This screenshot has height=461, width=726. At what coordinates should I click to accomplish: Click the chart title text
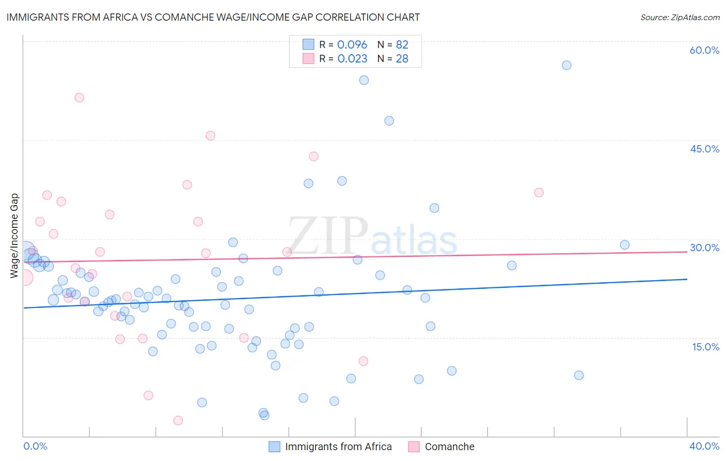point(213,17)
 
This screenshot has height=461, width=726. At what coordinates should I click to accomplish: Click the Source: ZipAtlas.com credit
point(680,17)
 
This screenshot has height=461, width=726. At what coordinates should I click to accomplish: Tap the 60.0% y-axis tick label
point(704,50)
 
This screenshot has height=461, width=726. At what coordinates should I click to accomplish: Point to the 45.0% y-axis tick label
point(704,149)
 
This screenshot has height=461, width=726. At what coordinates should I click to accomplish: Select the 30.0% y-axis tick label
point(704,248)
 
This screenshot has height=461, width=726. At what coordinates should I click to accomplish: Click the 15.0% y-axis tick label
point(705,346)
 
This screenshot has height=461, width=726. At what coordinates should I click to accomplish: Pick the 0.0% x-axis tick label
point(35,446)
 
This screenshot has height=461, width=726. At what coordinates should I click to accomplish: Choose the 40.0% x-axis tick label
point(704,446)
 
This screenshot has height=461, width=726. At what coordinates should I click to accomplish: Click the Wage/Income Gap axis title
point(14,236)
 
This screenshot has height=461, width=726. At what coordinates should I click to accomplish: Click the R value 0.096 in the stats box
point(352,44)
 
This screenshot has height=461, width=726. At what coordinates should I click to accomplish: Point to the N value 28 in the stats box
point(402,58)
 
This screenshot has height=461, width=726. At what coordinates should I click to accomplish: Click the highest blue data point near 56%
point(566,65)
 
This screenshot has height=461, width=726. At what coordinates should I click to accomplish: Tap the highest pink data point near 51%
point(79,98)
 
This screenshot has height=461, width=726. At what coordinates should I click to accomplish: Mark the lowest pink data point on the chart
point(178,421)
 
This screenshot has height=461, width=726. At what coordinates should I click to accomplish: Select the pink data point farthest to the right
point(539,192)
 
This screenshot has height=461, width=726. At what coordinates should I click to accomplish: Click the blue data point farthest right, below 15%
point(579,375)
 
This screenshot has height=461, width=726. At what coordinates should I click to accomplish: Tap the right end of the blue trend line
point(687,279)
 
